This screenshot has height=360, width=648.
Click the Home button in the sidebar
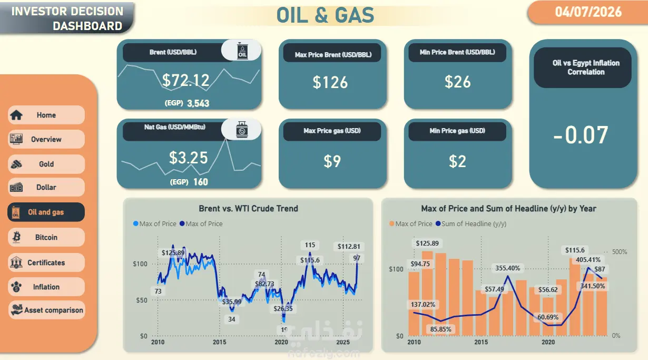[46, 115]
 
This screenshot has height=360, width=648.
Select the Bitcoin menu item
[46, 237]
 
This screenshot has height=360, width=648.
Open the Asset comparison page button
[46, 310]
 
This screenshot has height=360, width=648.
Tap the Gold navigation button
[46, 164]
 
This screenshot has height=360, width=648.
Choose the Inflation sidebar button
[46, 287]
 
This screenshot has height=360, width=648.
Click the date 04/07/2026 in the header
[588, 12]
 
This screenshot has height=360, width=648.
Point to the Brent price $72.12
[185, 80]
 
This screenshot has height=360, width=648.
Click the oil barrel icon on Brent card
[242, 51]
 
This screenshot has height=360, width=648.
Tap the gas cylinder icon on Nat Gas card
[242, 129]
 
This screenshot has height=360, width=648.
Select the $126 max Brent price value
[330, 82]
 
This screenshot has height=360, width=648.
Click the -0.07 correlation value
[581, 135]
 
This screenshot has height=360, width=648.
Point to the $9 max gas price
[332, 161]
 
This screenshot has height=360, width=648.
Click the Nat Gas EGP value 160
[201, 182]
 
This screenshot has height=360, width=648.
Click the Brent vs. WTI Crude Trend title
[248, 208]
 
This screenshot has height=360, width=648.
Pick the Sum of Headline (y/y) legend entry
[471, 223]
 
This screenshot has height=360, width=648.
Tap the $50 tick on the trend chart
[142, 300]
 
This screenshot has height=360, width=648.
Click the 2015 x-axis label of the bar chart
[481, 342]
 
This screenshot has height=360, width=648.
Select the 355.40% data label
[508, 268]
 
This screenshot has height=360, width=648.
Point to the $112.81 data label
[349, 247]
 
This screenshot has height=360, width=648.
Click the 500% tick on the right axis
[620, 252]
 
